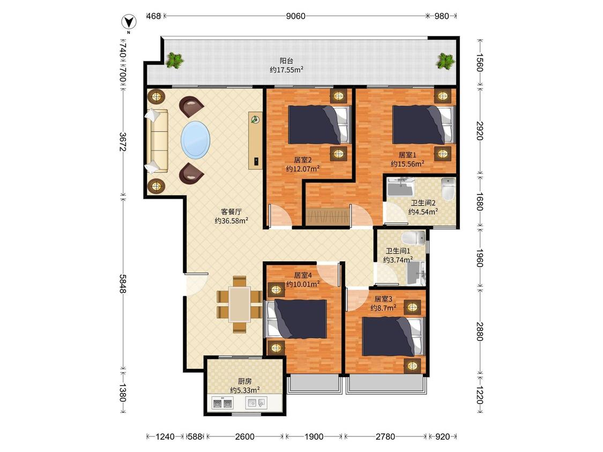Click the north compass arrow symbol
coord(129,22)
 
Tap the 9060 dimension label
coord(296,16)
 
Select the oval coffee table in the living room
coord(195,140)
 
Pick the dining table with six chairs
coord(240,304)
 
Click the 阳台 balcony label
coord(286,61)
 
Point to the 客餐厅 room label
coord(231,212)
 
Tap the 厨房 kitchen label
coord(244,381)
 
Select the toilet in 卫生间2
coord(448,189)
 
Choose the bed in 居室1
coord(423,125)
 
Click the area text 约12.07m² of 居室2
coord(303,168)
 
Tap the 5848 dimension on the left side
coord(123,284)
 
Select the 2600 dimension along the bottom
coord(244,436)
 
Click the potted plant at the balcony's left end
coord(175,61)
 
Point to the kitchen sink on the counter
coord(256,403)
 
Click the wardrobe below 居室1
coord(327,217)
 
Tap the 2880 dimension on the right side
coord(480,331)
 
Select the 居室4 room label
coord(303,275)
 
